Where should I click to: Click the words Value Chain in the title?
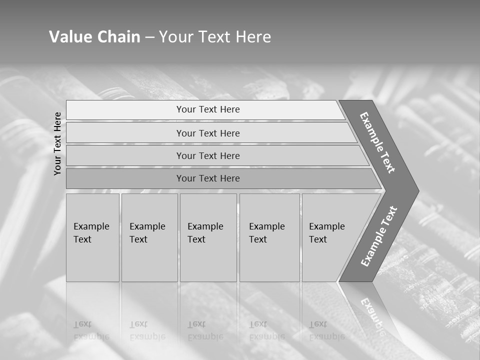point(94,37)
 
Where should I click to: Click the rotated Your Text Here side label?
point(58,143)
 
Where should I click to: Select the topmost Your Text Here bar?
point(208,109)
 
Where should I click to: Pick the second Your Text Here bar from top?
point(208,133)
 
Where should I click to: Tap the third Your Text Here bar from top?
point(208,155)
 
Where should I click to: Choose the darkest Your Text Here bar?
point(208,178)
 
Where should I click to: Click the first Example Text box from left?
point(92,237)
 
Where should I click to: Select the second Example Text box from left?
point(149,237)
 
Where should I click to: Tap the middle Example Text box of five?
point(208,237)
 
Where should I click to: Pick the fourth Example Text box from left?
point(269,237)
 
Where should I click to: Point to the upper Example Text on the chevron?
point(377,142)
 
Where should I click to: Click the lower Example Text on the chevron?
point(378,236)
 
